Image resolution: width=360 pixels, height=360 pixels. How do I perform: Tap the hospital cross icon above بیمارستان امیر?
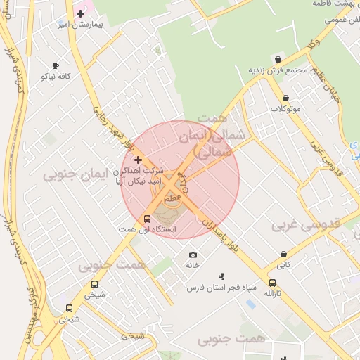click(80, 13)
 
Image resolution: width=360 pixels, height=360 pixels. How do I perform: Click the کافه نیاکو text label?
click(56, 75)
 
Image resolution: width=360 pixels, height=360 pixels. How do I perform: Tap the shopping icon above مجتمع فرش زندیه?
click(278, 60)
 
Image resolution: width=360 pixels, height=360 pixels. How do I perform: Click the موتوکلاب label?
click(285, 109)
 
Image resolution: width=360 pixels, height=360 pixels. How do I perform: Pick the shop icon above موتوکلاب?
click(285, 98)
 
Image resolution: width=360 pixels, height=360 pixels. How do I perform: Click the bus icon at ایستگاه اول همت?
click(147, 219)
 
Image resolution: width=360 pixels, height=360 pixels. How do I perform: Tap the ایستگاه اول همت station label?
click(147, 230)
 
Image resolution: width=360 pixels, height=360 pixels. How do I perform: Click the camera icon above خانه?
click(193, 255)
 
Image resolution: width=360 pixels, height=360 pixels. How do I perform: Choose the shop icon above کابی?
click(283, 255)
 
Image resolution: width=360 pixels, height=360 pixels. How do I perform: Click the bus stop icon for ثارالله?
click(272, 283)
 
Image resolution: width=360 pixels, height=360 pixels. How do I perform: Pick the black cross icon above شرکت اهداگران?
click(138, 160)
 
